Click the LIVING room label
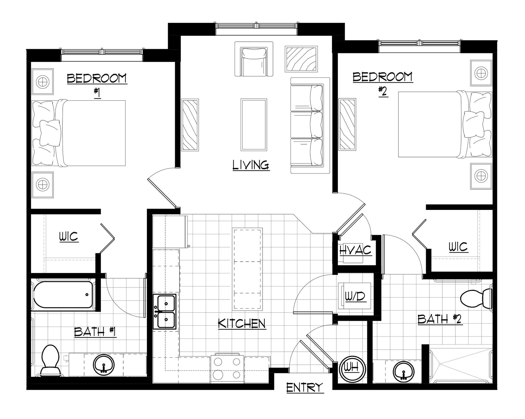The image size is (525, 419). coord(251,165)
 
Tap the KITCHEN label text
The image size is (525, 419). coord(242,323)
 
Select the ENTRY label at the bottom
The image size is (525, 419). coord(305,388)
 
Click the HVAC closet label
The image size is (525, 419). coord(355,250)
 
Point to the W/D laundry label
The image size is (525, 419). coord(355,296)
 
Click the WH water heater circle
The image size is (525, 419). coord(352,369)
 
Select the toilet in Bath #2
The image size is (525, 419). coord(476,298)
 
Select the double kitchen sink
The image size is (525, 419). coord(164,312)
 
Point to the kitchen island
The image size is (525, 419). coord(247,269)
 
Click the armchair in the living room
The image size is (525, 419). coord(254,59)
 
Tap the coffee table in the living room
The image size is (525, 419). coord(254,125)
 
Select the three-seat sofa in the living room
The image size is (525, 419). coord(310,126)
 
